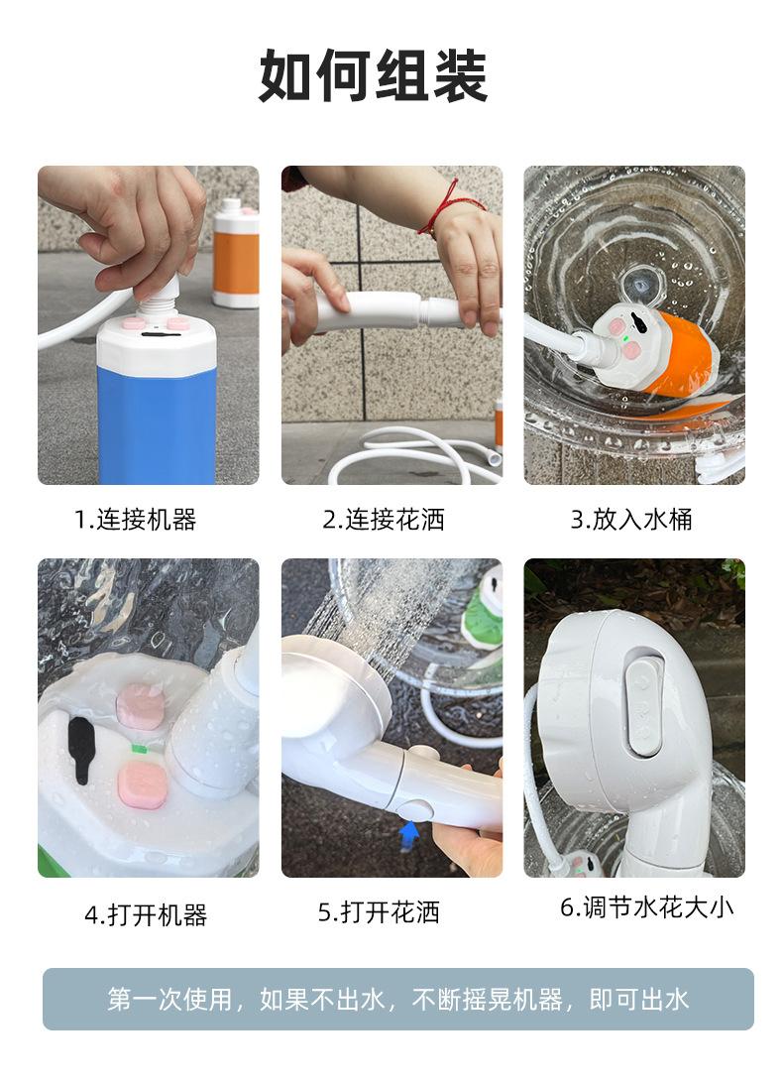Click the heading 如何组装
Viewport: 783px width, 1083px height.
374,76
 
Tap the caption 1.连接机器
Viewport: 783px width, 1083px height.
136,520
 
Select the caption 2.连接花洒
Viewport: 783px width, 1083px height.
384,520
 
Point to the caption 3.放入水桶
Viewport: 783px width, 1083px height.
631,520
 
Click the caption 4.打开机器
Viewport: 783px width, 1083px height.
146,915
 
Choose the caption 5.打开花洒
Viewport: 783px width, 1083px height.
379,912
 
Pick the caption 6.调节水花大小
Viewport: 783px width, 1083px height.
646,906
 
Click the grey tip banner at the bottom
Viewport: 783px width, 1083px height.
398,999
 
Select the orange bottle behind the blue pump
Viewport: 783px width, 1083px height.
236,253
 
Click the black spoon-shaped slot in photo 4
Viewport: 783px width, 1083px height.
80,750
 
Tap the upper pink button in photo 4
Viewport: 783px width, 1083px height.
140,706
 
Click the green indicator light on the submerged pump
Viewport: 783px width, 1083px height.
625,338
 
